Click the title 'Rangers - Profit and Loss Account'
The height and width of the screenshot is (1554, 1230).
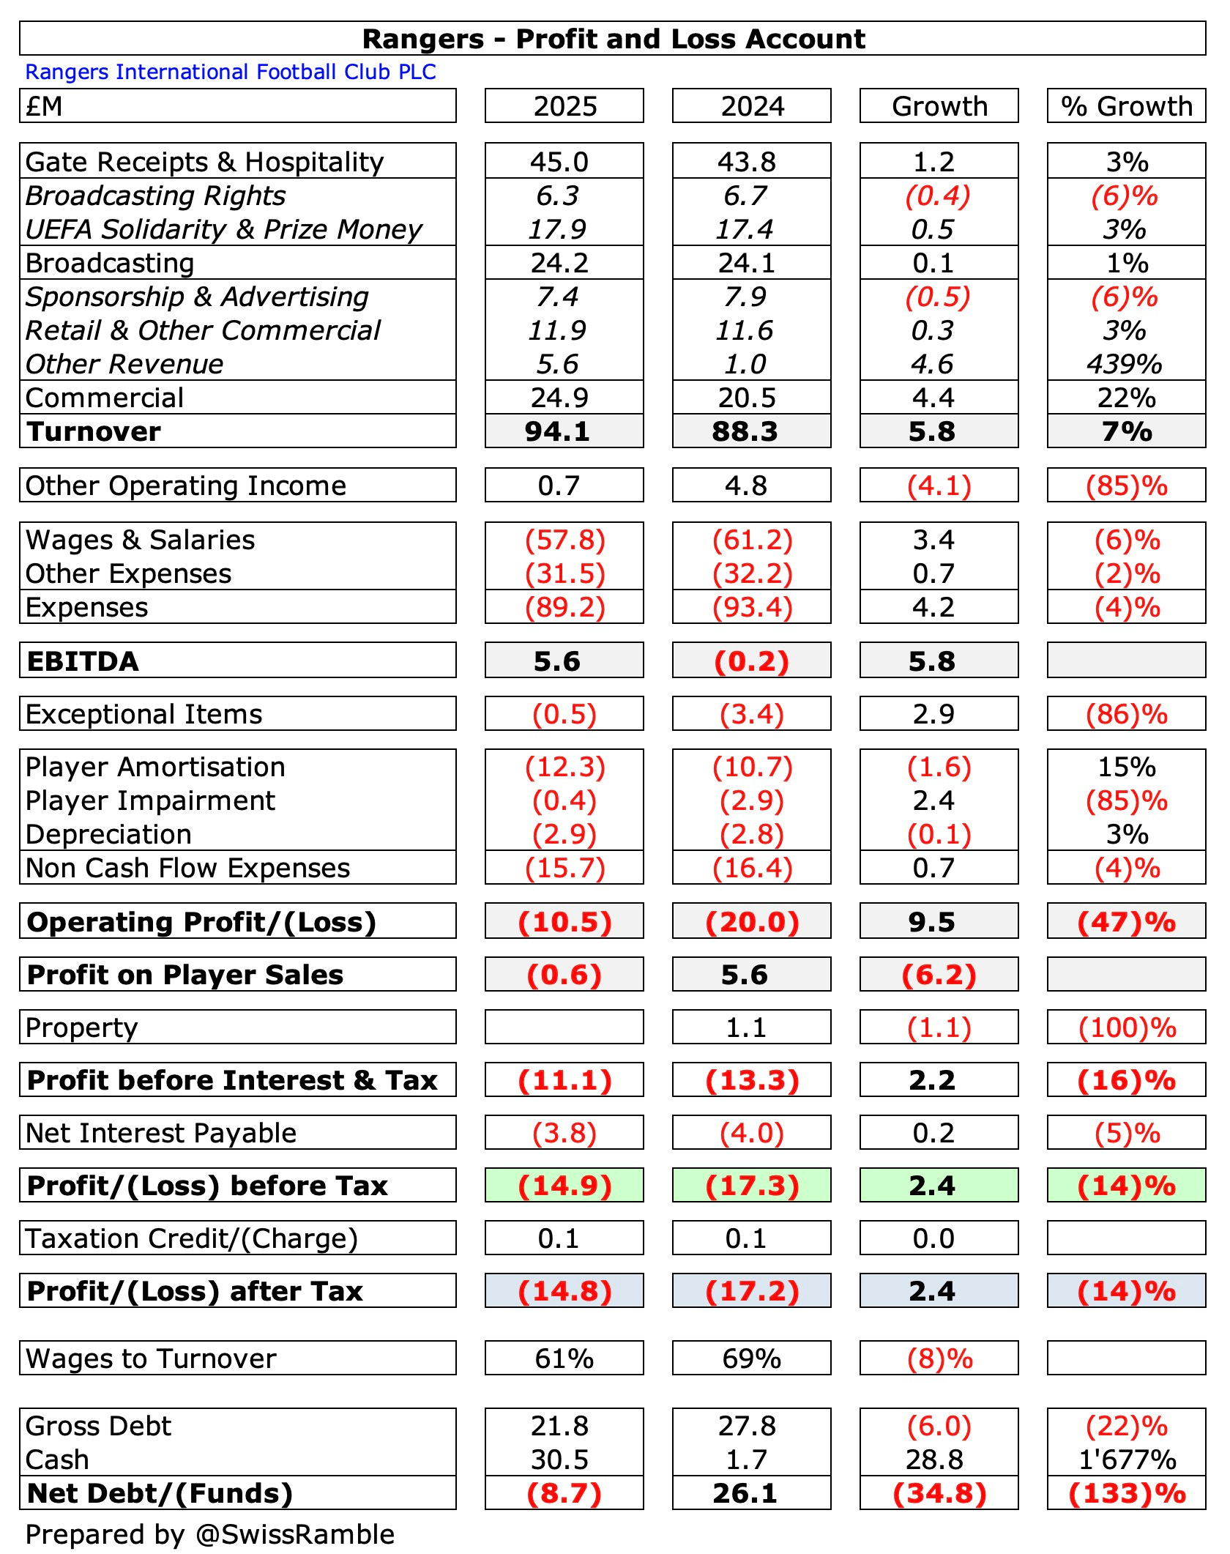(x=614, y=39)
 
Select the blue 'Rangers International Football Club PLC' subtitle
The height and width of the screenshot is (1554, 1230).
(x=231, y=72)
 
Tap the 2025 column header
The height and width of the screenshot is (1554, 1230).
(x=564, y=106)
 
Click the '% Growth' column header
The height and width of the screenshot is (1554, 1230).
(x=1126, y=106)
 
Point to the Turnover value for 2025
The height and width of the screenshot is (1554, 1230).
(x=557, y=431)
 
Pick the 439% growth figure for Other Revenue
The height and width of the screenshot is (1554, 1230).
(x=1125, y=364)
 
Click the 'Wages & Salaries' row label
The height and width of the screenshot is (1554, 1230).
(x=141, y=540)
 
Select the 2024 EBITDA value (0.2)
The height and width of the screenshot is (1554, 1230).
(x=752, y=661)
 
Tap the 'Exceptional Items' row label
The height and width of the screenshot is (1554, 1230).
(x=144, y=714)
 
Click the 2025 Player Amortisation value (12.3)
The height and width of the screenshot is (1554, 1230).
(x=564, y=767)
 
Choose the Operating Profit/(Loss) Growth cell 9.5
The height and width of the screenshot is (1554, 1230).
(x=932, y=922)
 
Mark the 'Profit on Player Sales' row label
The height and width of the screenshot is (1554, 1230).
(x=185, y=975)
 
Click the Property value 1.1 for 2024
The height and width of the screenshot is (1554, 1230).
(x=746, y=1027)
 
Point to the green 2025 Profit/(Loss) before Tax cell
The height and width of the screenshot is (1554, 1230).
(x=564, y=1186)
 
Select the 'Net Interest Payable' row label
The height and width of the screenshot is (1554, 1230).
(x=161, y=1133)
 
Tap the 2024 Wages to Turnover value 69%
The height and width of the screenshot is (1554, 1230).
(x=752, y=1358)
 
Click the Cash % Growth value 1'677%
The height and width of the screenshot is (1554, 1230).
(x=1127, y=1460)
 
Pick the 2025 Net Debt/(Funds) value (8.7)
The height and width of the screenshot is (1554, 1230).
(x=564, y=1493)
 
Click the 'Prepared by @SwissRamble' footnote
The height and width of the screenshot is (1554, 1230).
(x=210, y=1534)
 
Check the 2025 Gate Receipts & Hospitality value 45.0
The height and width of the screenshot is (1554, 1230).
(x=559, y=162)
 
